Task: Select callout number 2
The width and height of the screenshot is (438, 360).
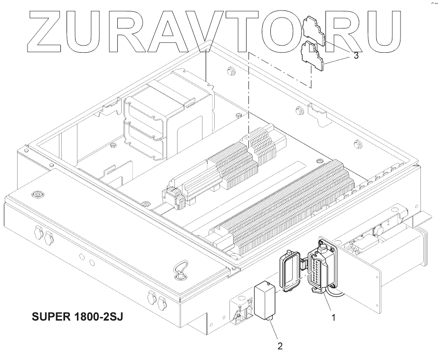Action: tap(280, 346)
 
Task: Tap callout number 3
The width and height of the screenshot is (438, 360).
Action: tap(356, 56)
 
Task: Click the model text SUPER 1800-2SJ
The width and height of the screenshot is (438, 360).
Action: tap(77, 316)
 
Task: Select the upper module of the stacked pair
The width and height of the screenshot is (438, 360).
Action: tap(145, 111)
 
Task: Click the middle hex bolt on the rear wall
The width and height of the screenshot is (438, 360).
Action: tap(299, 111)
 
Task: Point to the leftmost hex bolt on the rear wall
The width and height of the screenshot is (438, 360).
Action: tap(232, 72)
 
